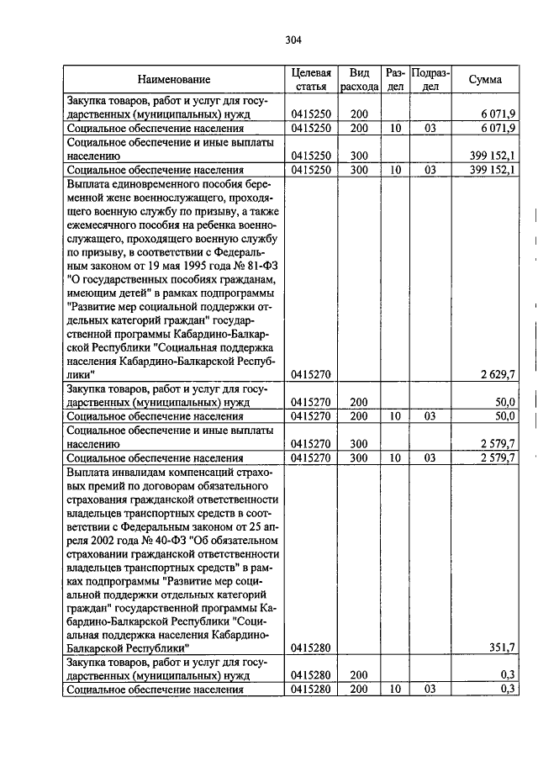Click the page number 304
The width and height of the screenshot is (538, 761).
293,40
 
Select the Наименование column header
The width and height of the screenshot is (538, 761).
174,79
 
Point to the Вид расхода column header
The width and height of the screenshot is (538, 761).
360,79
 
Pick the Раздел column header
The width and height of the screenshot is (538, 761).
395,79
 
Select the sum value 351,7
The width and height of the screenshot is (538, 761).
502,648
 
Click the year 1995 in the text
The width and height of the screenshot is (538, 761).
181,263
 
